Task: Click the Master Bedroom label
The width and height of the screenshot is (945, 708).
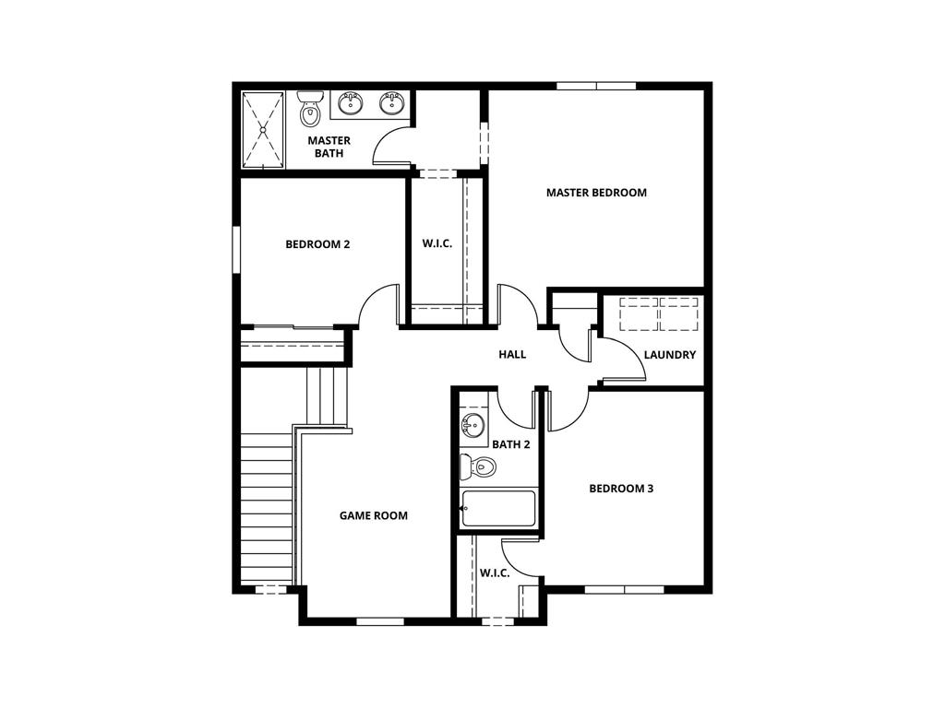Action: coord(596,193)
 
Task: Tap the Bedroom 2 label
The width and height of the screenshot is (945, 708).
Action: coord(317,244)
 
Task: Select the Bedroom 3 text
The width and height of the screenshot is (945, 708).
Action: coord(621,488)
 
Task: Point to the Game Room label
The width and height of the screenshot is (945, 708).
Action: coord(374,515)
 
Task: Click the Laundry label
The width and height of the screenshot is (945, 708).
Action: coord(670,355)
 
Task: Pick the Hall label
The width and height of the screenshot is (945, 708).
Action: coord(512,354)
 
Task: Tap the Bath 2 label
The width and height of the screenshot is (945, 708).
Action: coord(511,444)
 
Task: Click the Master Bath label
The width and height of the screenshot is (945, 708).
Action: coord(329,147)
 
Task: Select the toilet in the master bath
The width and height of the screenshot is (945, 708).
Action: coord(311,110)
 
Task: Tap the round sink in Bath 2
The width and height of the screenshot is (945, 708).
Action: coord(473,426)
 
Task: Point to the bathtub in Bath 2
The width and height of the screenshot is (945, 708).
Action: coord(498,508)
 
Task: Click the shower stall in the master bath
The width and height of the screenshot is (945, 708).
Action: coord(264,129)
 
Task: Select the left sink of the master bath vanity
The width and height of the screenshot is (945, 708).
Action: coord(351,103)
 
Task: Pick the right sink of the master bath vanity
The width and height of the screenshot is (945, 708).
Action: coord(393,103)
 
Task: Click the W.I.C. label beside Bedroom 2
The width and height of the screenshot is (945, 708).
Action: coord(437,243)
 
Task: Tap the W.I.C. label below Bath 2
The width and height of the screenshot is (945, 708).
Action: coord(495,572)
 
